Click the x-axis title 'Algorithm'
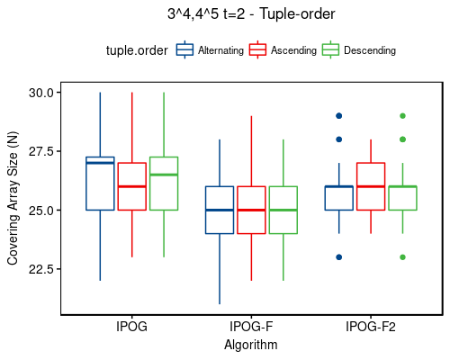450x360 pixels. tap(251, 345)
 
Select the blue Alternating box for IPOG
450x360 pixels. tap(100, 184)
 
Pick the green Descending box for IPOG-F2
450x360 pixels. tap(402, 198)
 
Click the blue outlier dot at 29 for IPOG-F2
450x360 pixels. tap(338, 116)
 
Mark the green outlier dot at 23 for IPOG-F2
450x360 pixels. tap(402, 257)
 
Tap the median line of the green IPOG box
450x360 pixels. tap(164, 175)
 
